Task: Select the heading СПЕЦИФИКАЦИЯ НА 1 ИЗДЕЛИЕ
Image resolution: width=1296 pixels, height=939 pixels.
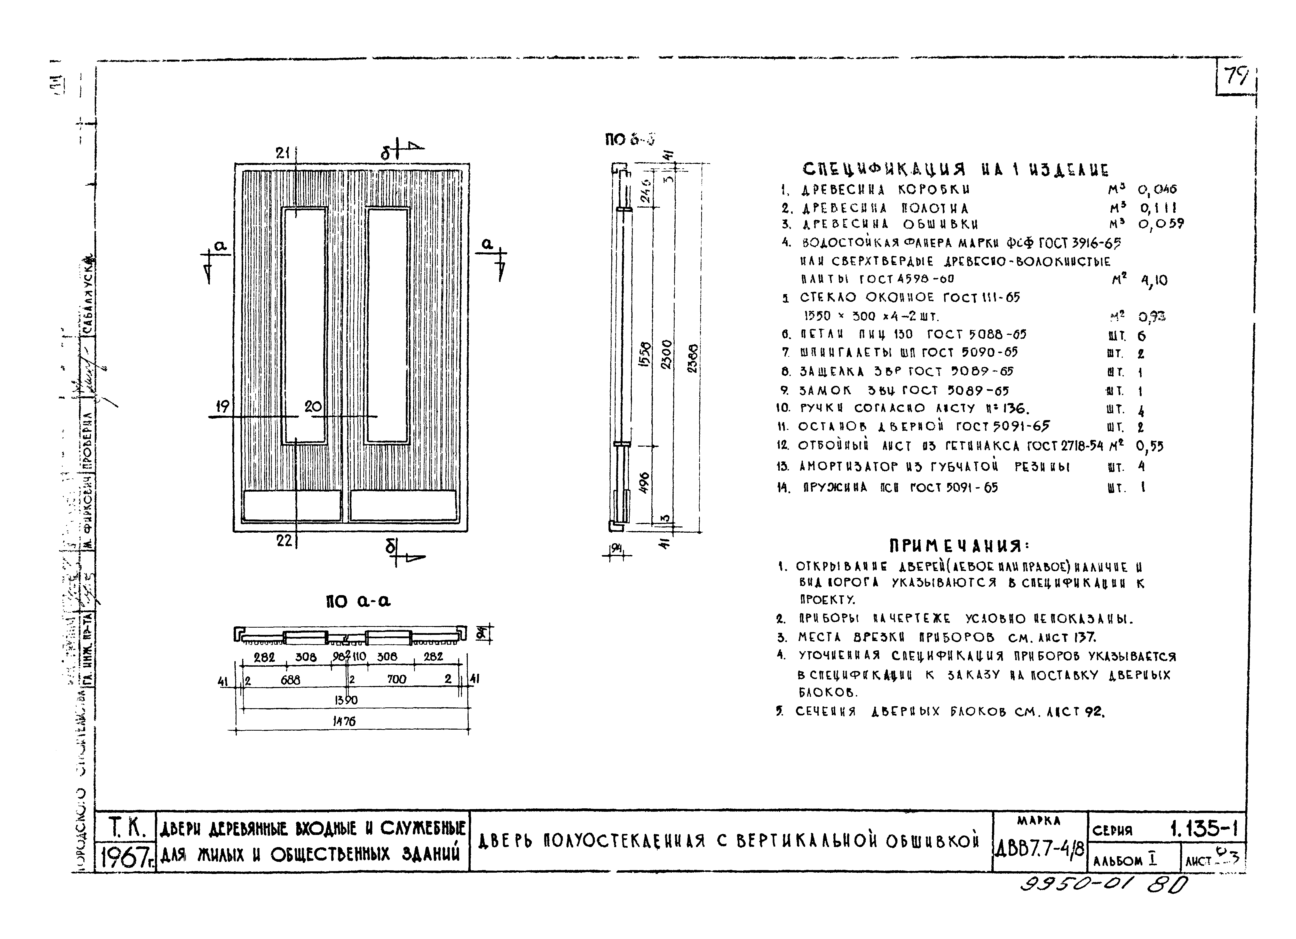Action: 955,170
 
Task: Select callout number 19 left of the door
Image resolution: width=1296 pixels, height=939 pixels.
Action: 222,406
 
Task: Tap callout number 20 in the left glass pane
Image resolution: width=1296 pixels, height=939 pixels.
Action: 313,406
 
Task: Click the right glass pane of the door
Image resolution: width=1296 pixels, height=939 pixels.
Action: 388,326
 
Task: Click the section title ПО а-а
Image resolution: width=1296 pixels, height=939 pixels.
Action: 358,601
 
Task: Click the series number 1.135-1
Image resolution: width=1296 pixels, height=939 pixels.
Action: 1203,828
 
